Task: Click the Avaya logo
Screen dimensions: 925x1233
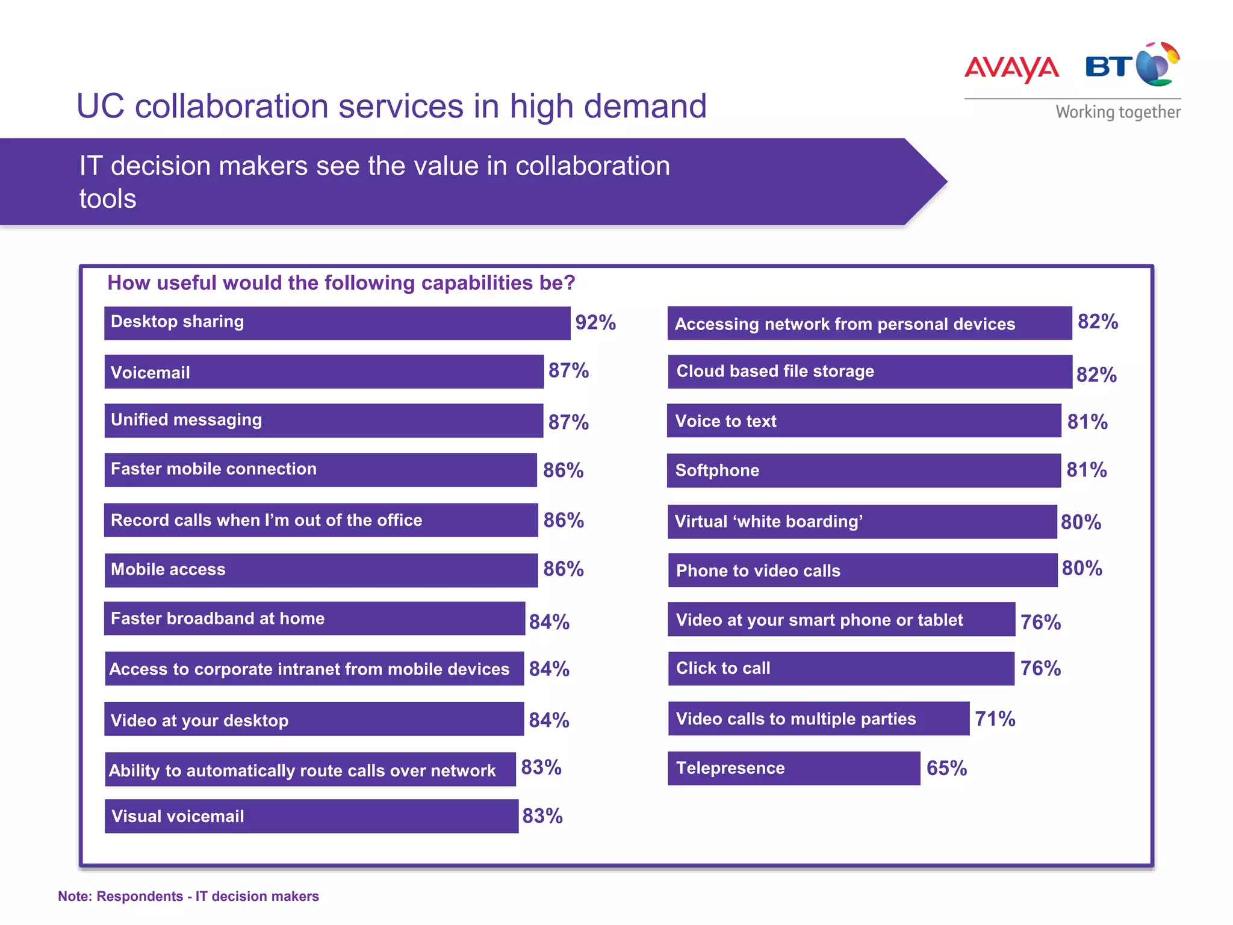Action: (1011, 68)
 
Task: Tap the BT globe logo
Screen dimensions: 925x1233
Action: (1156, 65)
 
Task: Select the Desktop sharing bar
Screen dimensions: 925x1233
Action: (337, 323)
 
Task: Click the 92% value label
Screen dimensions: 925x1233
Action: (595, 323)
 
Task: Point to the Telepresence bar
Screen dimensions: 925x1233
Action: (794, 768)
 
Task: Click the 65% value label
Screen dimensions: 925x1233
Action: (946, 768)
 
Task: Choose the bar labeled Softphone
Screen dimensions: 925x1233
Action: (863, 470)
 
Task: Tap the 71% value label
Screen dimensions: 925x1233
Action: (995, 719)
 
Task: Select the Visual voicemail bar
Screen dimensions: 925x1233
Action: (311, 817)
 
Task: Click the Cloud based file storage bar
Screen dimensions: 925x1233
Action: (869, 372)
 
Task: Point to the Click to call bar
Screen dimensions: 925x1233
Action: (840, 668)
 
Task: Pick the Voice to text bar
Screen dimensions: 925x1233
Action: (863, 421)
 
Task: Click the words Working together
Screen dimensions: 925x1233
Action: (1117, 113)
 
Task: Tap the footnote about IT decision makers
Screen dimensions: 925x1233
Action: (188, 896)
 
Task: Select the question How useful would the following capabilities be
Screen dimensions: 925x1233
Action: (341, 283)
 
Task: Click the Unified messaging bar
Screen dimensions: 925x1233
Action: (323, 421)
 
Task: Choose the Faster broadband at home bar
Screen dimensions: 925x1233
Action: (314, 618)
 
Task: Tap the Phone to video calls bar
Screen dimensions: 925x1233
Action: (862, 570)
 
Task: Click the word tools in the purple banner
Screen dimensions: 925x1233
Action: (108, 199)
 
